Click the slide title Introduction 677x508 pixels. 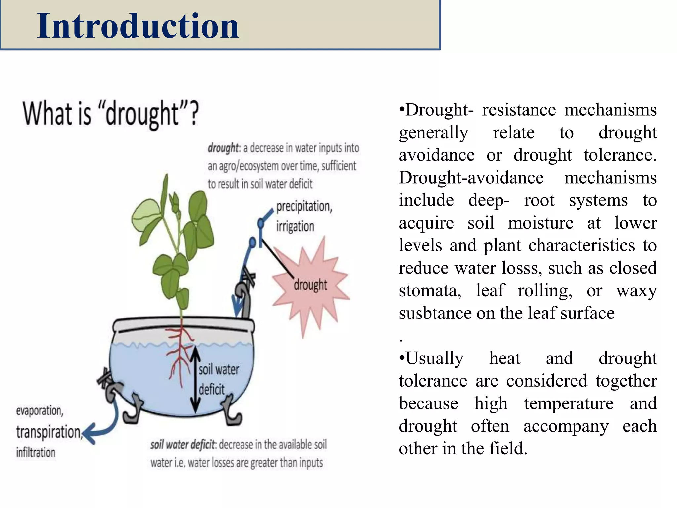138,26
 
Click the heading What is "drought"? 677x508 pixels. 111,113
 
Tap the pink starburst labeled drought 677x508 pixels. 310,285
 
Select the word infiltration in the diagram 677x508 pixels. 36,452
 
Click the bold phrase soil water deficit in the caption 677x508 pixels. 182,445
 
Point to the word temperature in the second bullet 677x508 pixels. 569,403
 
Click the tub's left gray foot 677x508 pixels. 132,410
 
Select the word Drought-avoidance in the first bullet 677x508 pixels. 471,178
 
